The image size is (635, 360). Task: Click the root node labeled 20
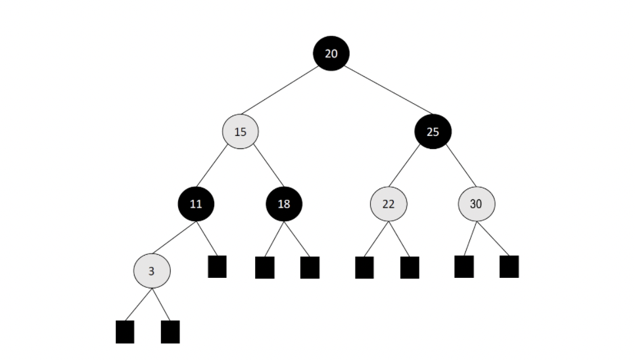pyautogui.click(x=331, y=53)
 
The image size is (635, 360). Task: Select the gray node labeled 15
pyautogui.click(x=241, y=131)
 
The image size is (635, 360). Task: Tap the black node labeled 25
pyautogui.click(x=433, y=131)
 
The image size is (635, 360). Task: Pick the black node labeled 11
pyautogui.click(x=196, y=204)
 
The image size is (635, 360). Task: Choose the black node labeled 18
pyautogui.click(x=284, y=204)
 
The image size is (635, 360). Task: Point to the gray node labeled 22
pyautogui.click(x=388, y=204)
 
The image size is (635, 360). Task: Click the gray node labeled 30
pyautogui.click(x=476, y=204)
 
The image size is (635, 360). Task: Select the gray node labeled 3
pyautogui.click(x=152, y=270)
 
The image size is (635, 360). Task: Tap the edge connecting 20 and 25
pyautogui.click(x=381, y=92)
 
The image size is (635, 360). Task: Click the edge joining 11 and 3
pyautogui.click(x=174, y=237)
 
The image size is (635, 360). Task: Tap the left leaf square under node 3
pyautogui.click(x=125, y=332)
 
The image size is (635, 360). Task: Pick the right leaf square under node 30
pyautogui.click(x=509, y=267)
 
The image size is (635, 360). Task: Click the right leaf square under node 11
pyautogui.click(x=217, y=267)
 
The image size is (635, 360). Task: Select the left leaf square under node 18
pyautogui.click(x=264, y=267)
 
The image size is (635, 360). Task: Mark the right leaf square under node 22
pyautogui.click(x=410, y=267)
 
